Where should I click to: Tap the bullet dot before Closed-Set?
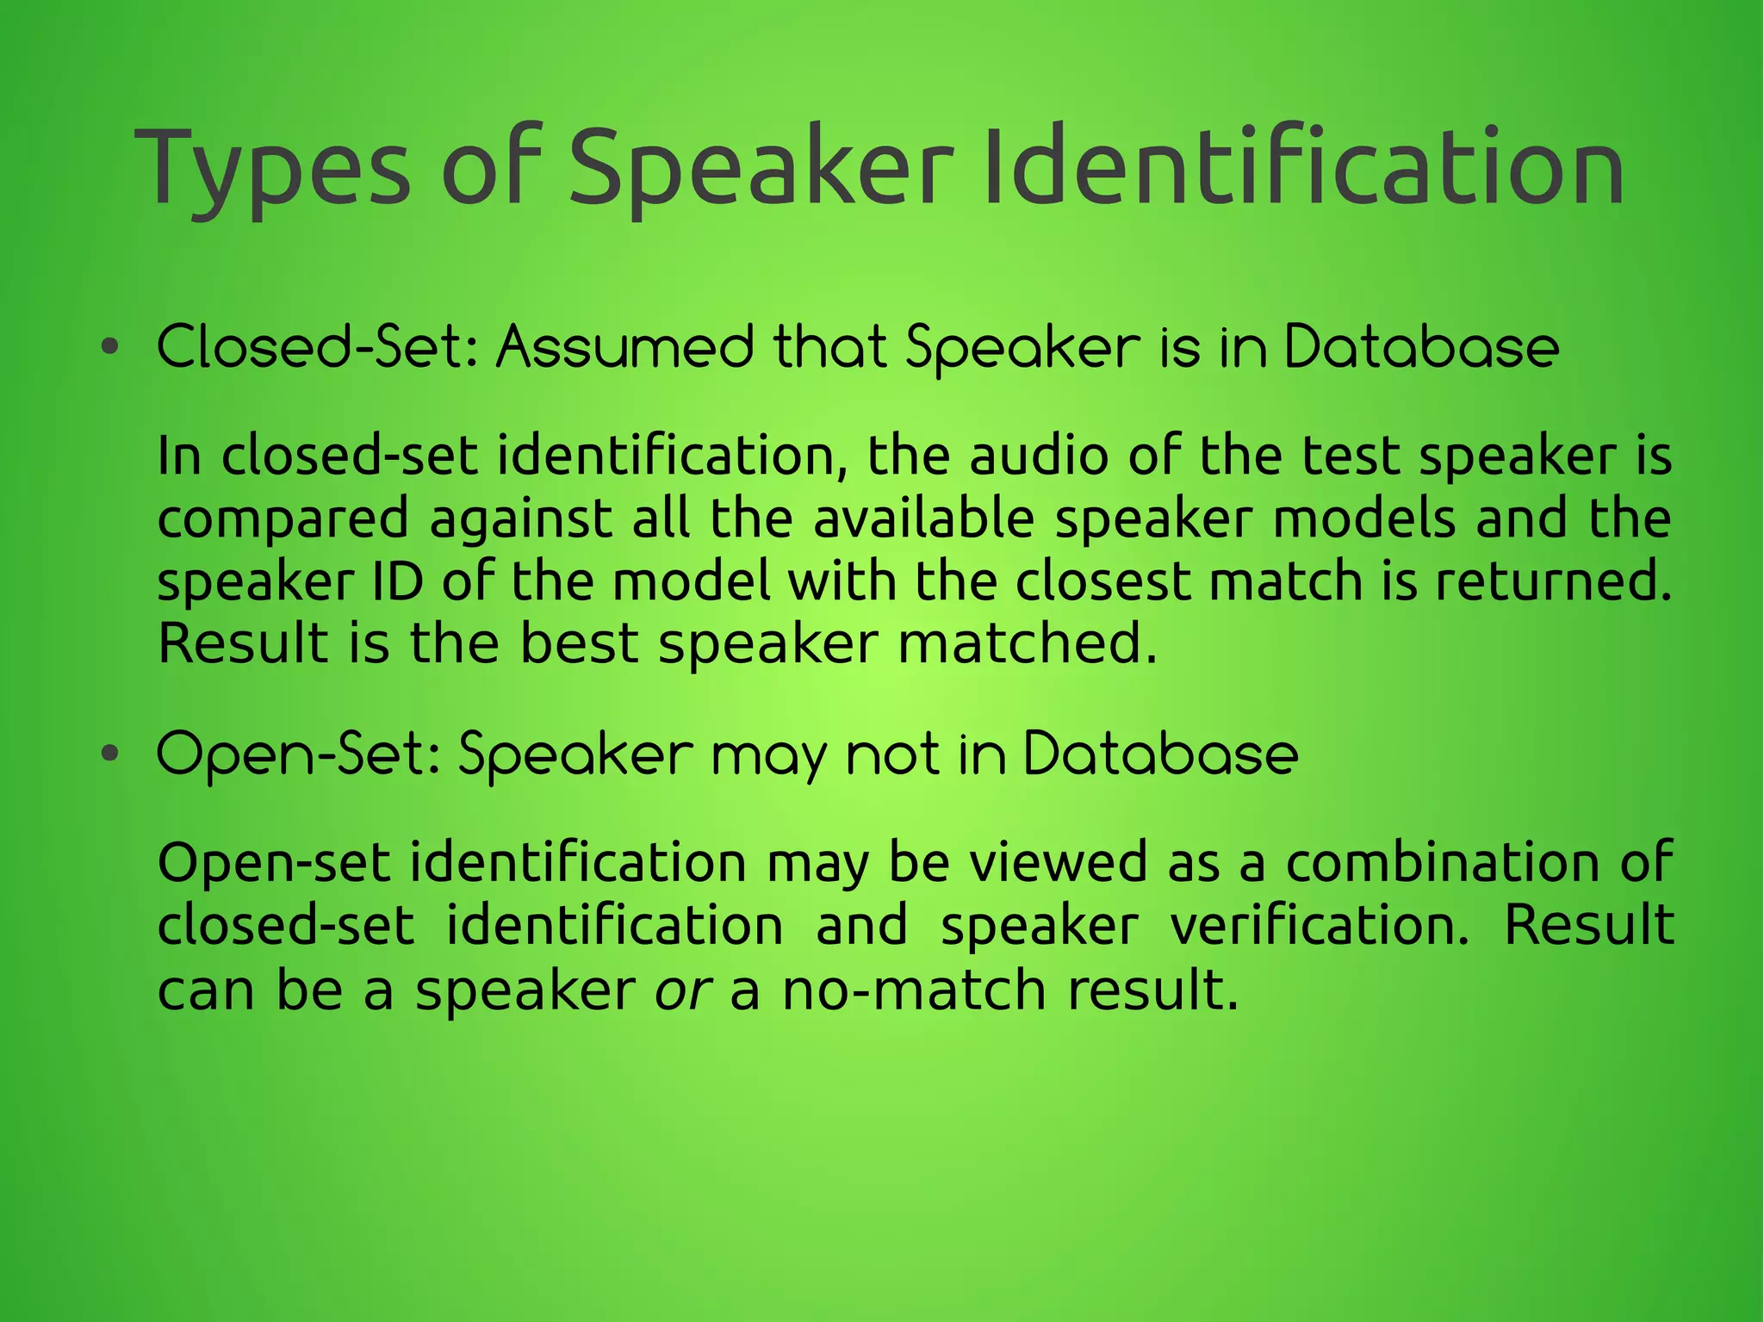click(109, 348)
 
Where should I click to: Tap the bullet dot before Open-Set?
click(109, 754)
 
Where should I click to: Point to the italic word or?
click(683, 990)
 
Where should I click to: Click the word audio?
click(1039, 456)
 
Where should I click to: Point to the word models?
click(1363, 518)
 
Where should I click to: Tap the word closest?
click(1102, 581)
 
